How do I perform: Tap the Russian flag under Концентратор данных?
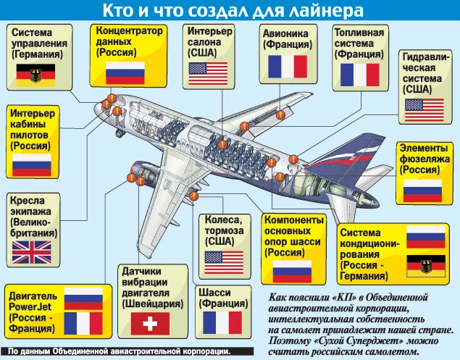coord(125,72)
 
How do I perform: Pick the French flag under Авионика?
coord(289,67)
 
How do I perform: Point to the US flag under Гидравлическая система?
coord(424,109)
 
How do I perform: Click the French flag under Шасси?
coord(222,322)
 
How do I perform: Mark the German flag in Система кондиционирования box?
coord(426,264)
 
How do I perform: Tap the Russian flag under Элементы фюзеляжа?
coord(422,190)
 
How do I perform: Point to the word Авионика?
coord(288,33)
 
